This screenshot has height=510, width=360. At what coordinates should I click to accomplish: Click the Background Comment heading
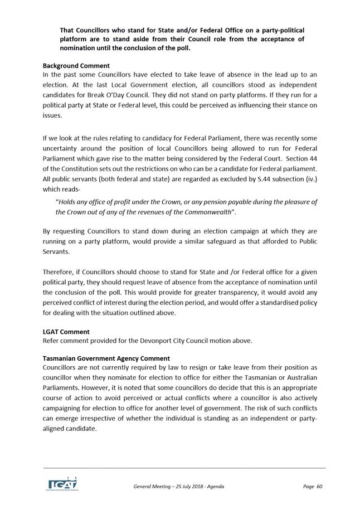pos(76,66)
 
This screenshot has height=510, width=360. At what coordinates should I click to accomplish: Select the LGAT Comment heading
pos(66,332)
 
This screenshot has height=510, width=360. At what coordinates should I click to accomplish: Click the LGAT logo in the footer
pos(61,483)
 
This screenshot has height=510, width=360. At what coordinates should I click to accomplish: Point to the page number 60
pos(319,487)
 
